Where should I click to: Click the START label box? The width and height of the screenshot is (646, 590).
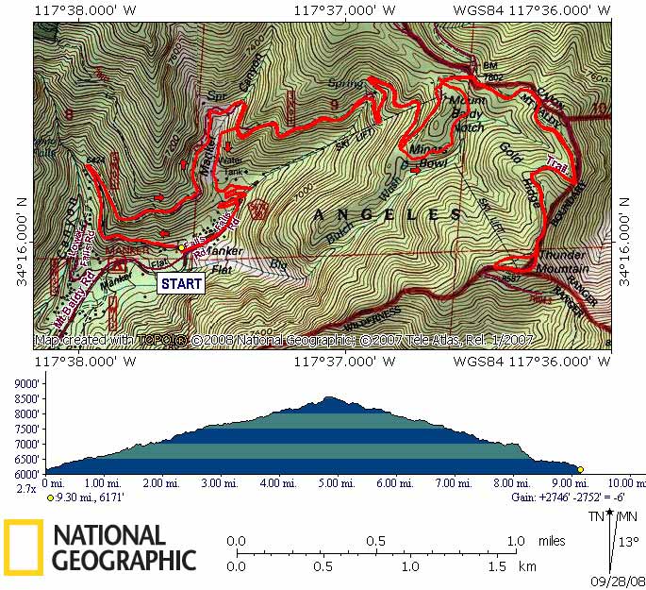pos(181,282)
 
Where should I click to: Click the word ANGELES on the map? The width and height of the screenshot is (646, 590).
pos(387,214)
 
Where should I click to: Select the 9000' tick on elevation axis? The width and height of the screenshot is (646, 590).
pos(25,384)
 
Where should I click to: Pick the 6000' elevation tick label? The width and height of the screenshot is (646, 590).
pos(25,474)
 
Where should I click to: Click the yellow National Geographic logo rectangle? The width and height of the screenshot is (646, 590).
pos(23,548)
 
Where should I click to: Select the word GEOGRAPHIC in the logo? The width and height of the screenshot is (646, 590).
pos(124,560)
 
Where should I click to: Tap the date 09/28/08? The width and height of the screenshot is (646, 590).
pos(619,581)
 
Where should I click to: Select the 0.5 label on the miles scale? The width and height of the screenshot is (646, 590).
pos(376,541)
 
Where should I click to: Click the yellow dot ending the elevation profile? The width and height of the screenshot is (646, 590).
pos(581,469)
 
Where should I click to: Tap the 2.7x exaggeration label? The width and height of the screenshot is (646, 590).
pos(25,489)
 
